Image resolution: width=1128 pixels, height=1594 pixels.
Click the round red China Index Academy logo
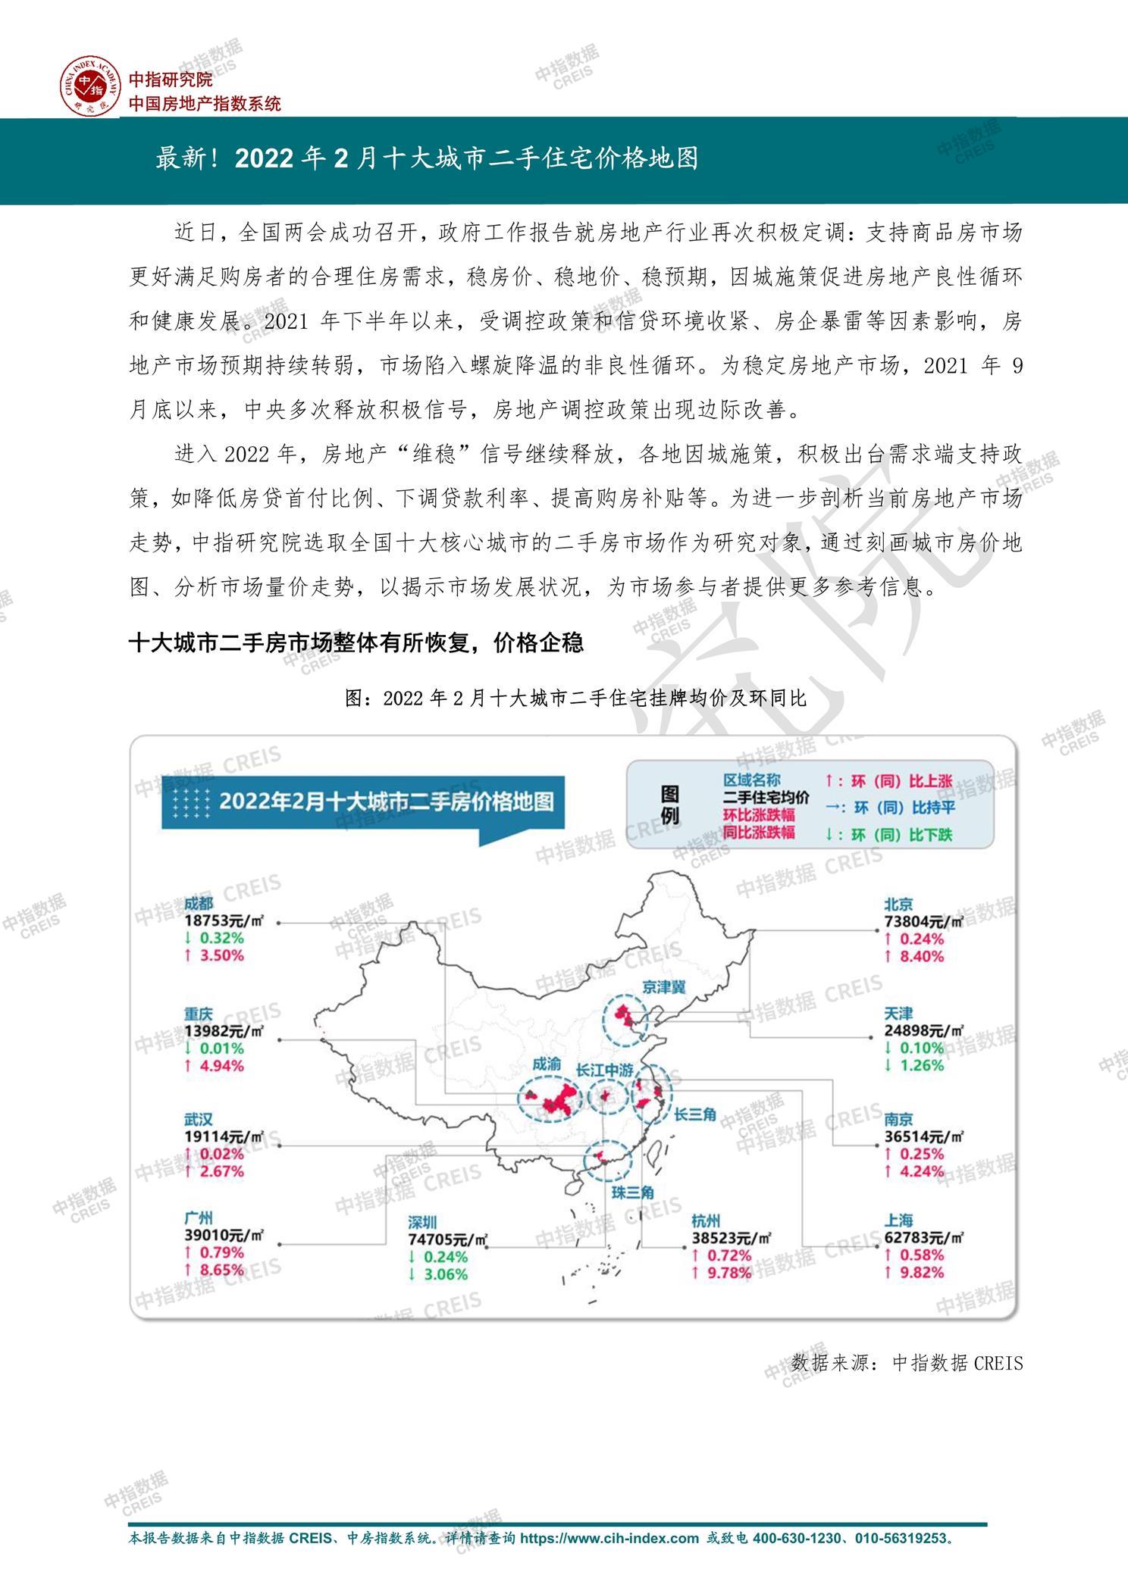pyautogui.click(x=91, y=86)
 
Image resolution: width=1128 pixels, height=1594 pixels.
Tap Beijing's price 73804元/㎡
pyautogui.click(x=923, y=922)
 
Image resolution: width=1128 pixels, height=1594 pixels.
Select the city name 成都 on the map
pyautogui.click(x=199, y=904)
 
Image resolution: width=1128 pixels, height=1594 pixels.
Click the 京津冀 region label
pyautogui.click(x=663, y=986)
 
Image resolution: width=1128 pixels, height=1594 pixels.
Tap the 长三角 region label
pyautogui.click(x=695, y=1114)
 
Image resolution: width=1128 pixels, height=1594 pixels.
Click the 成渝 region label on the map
pyautogui.click(x=547, y=1064)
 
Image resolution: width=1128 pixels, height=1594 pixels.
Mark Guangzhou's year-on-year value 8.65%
pyautogui.click(x=221, y=1270)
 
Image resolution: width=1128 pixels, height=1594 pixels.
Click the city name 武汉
pyautogui.click(x=199, y=1119)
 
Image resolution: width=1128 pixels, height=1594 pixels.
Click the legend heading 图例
pyautogui.click(x=670, y=805)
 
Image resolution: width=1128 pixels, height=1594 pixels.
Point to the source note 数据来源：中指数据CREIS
pyautogui.click(x=907, y=1364)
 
